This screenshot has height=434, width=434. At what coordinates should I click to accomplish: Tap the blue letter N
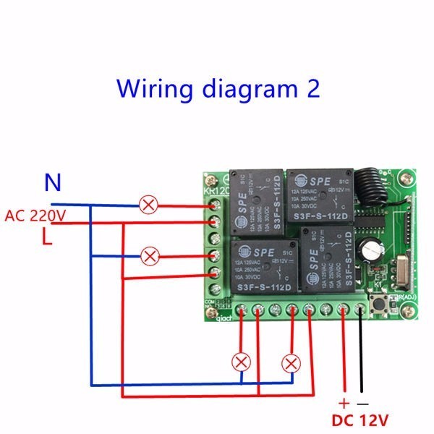(x=52, y=182)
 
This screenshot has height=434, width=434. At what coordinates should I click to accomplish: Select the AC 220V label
(x=35, y=215)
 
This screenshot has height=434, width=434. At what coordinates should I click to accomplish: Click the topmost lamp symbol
(x=149, y=205)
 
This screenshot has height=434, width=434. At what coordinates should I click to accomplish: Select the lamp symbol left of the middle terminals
(x=149, y=255)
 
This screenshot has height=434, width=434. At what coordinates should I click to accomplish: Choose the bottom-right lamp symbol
(x=292, y=362)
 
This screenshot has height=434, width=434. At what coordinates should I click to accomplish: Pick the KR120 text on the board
(x=216, y=192)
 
